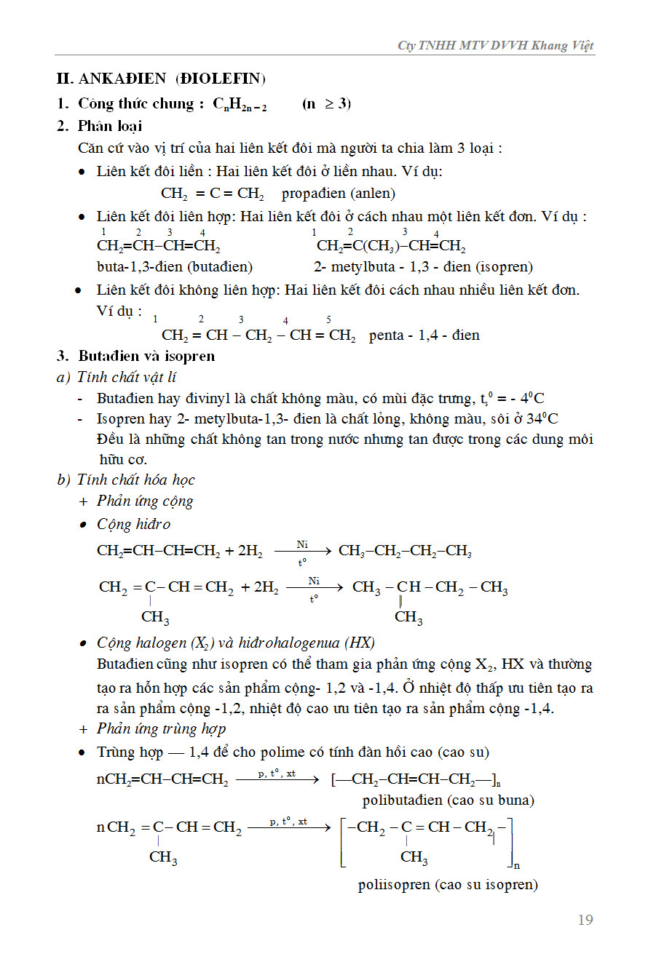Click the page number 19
585,920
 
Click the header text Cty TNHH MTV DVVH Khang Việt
495,45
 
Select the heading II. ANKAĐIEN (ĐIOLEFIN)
161,79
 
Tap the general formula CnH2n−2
240,104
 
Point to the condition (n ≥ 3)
326,103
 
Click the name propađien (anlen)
339,194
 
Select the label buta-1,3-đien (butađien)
175,266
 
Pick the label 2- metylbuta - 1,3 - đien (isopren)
423,266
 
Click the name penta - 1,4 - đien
424,335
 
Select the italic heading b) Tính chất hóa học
126,480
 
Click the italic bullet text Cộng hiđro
134,524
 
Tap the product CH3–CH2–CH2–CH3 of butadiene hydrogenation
406,551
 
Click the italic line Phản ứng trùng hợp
161,728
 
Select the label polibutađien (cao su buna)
448,800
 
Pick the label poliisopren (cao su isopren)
448,885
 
